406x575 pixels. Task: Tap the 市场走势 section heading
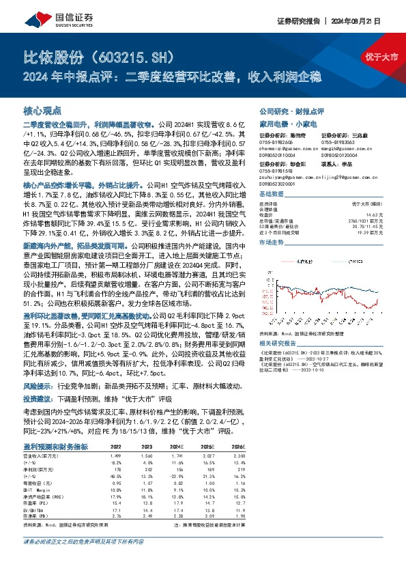(272, 242)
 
